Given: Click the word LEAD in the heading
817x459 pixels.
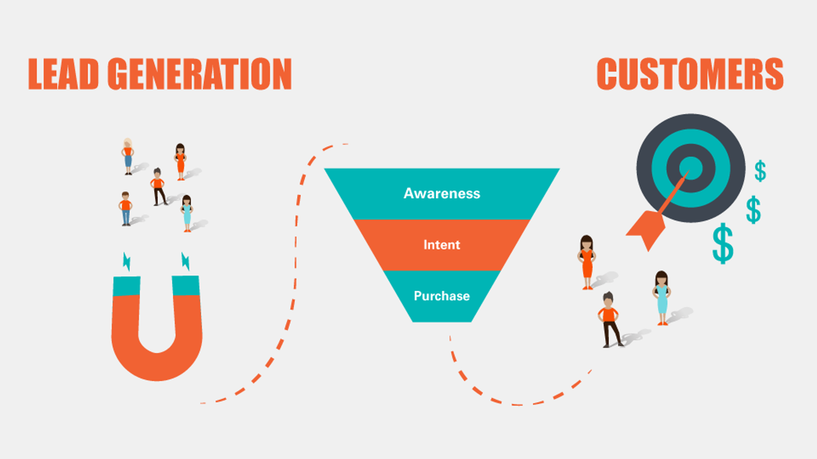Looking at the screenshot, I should [x=63, y=74].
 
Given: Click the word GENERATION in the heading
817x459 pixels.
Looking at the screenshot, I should [x=200, y=74].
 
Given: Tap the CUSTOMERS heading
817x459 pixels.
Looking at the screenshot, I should [x=690, y=74].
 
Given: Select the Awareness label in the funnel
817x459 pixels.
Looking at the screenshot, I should [x=442, y=194].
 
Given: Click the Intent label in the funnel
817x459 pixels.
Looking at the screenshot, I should [x=442, y=245].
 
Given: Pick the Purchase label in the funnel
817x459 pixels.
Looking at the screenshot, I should [x=442, y=296].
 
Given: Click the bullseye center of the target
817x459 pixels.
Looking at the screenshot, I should [x=690, y=167].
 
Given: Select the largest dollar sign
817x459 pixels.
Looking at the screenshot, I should [x=723, y=244].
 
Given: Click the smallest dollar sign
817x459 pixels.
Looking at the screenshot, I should [x=760, y=171].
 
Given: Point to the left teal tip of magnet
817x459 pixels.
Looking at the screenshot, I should [x=126, y=286].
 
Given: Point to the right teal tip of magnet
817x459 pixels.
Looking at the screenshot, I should [x=185, y=286].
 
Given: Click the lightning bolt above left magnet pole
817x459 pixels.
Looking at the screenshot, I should [x=127, y=261].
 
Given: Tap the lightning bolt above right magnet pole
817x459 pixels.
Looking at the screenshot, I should [x=185, y=261].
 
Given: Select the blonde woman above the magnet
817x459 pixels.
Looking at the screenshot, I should [x=128, y=156].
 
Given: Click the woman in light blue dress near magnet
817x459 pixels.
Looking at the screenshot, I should [x=187, y=213].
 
